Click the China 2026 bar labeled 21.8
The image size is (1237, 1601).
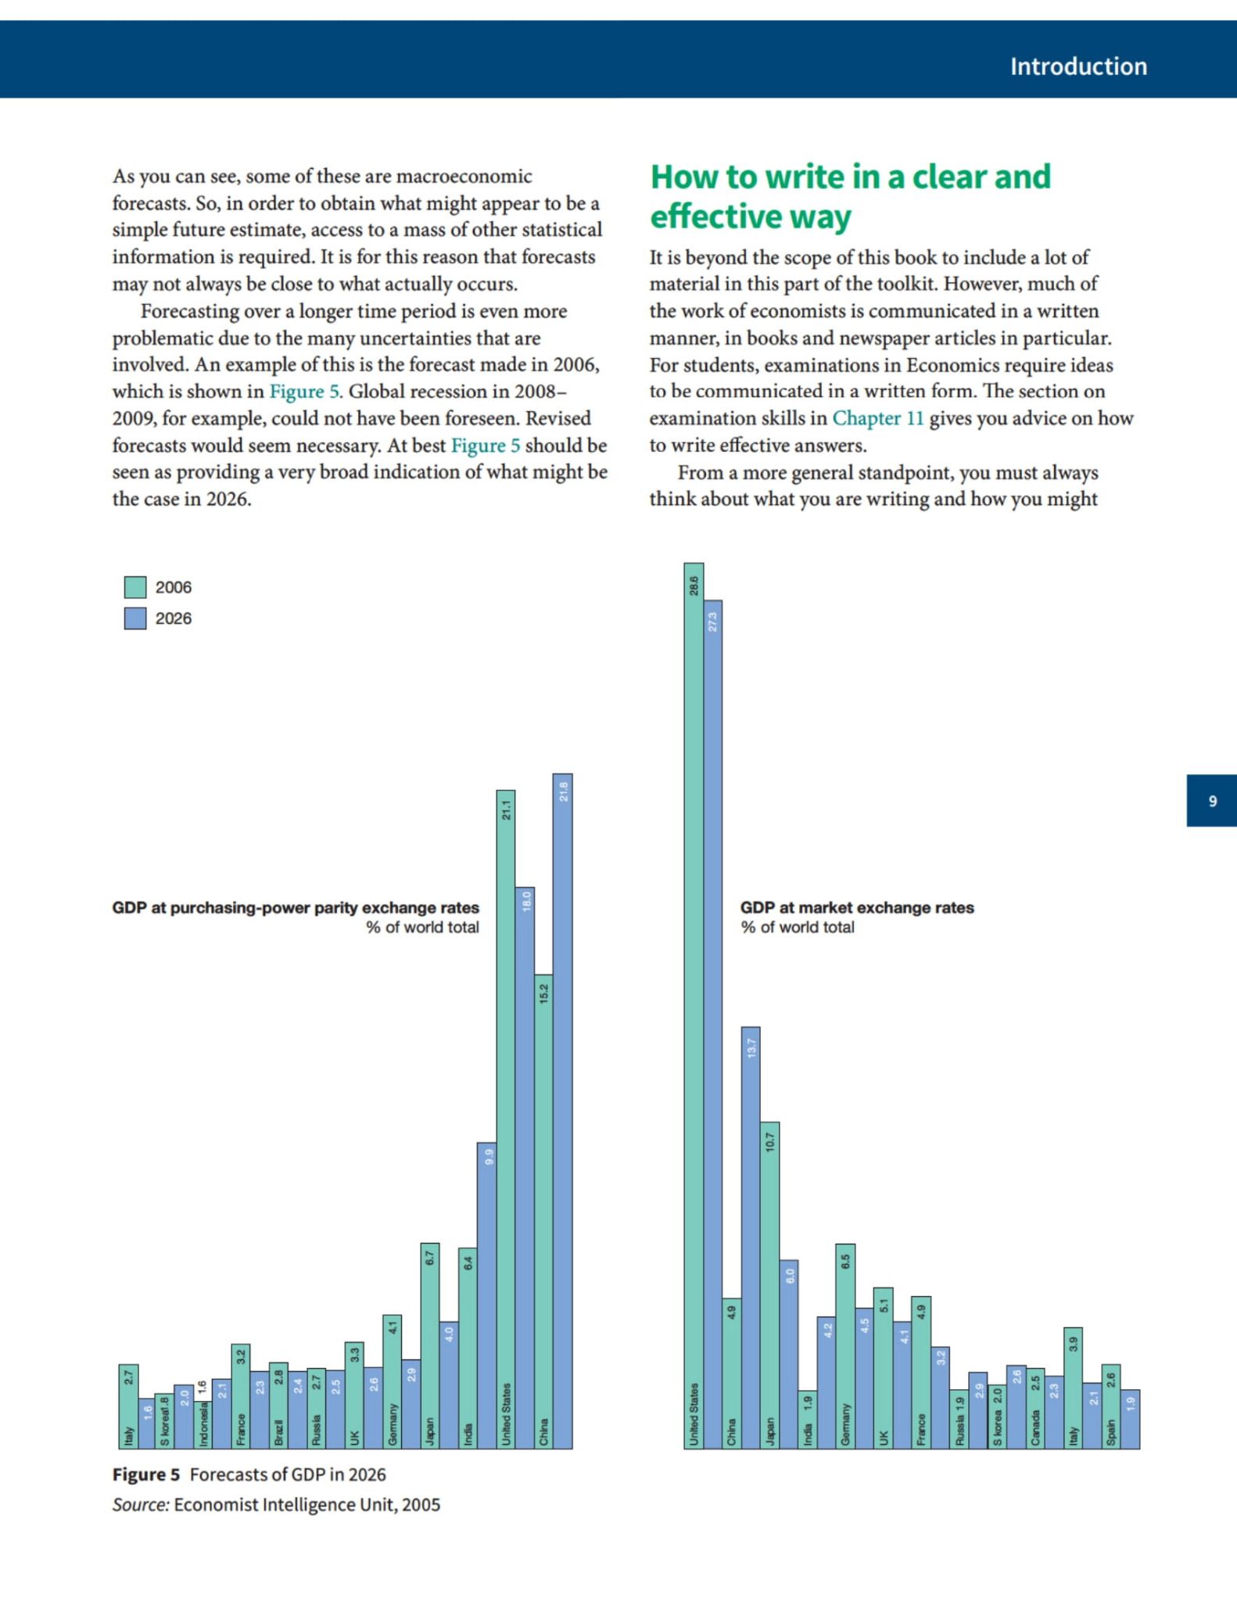coord(563,1111)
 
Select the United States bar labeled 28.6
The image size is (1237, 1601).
coord(694,1005)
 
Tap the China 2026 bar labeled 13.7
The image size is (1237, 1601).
coord(751,1237)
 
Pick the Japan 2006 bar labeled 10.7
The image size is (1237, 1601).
coord(770,1285)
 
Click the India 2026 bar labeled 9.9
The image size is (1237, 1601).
coord(487,1295)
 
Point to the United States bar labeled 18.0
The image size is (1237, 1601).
coord(525,1169)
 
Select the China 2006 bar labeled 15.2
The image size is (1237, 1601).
coord(544,1212)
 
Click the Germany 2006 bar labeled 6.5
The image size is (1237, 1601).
coord(845,1346)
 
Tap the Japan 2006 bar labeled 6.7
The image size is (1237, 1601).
coord(430,1345)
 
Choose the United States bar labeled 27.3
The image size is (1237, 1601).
coord(713,1024)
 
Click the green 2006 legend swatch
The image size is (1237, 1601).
coord(135,587)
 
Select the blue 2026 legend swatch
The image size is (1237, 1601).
coord(135,618)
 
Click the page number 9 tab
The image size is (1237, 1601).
coord(1212,800)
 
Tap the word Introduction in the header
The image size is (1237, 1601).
coord(1078,66)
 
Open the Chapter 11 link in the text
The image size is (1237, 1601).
coord(877,418)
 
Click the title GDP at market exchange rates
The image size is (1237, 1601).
coord(857,908)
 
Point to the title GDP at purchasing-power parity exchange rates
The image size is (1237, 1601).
coord(296,908)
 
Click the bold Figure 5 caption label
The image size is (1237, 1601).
coord(146,1474)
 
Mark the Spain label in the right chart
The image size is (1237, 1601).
coord(1111,1433)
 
